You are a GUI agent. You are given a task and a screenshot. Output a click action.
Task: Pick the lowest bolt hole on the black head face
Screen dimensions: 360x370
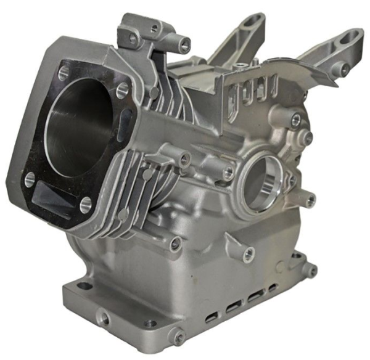click(x=85, y=204)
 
